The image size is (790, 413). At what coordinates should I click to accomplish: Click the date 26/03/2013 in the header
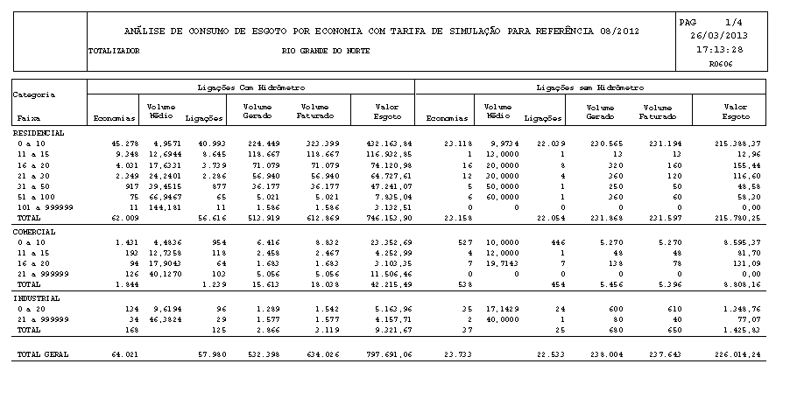tap(720, 35)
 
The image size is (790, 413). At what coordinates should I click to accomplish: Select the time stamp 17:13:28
tap(720, 50)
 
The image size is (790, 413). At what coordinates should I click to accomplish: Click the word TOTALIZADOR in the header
tap(114, 51)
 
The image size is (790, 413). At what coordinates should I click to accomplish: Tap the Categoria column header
tap(34, 94)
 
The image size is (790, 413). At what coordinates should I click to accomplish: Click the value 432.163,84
tap(386, 143)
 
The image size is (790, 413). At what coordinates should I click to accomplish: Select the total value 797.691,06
tap(386, 354)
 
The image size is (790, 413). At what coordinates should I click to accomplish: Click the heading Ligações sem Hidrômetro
tap(589, 87)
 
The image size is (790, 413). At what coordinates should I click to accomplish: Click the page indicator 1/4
tap(733, 21)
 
